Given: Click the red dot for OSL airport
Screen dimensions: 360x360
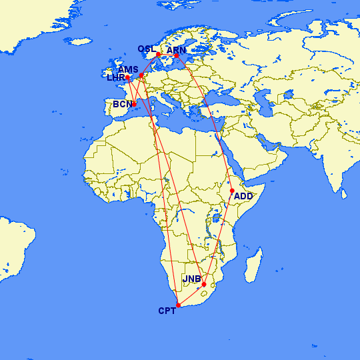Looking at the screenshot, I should pos(158,55).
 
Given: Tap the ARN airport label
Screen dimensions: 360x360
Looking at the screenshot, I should pos(177,50).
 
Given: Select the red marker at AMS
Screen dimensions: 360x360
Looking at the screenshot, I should pos(141,75).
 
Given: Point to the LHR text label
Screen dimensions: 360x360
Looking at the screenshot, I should pos(116,78).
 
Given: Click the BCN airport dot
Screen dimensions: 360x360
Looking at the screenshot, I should pos(134,104).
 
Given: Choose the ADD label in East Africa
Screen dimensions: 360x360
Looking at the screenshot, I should pos(244,197).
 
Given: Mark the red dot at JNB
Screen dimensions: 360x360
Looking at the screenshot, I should pos(204,285).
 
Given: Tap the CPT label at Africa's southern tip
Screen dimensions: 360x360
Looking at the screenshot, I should pos(167,311).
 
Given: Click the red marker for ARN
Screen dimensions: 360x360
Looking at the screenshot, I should pos(177,56).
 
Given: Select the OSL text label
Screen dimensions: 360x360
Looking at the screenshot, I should pos(147,49).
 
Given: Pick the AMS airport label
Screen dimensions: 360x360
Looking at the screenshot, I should pos(128,69).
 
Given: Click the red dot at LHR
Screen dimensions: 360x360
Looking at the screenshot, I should pos(127,78).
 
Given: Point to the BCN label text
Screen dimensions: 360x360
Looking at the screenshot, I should pos(122,105).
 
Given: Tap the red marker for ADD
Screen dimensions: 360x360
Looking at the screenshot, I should pos(232,191).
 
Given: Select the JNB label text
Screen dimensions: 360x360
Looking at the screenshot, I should pos(192,279).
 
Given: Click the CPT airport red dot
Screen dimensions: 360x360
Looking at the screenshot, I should pos(178,305).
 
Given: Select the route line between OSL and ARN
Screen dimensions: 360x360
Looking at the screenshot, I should pos(167,55).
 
